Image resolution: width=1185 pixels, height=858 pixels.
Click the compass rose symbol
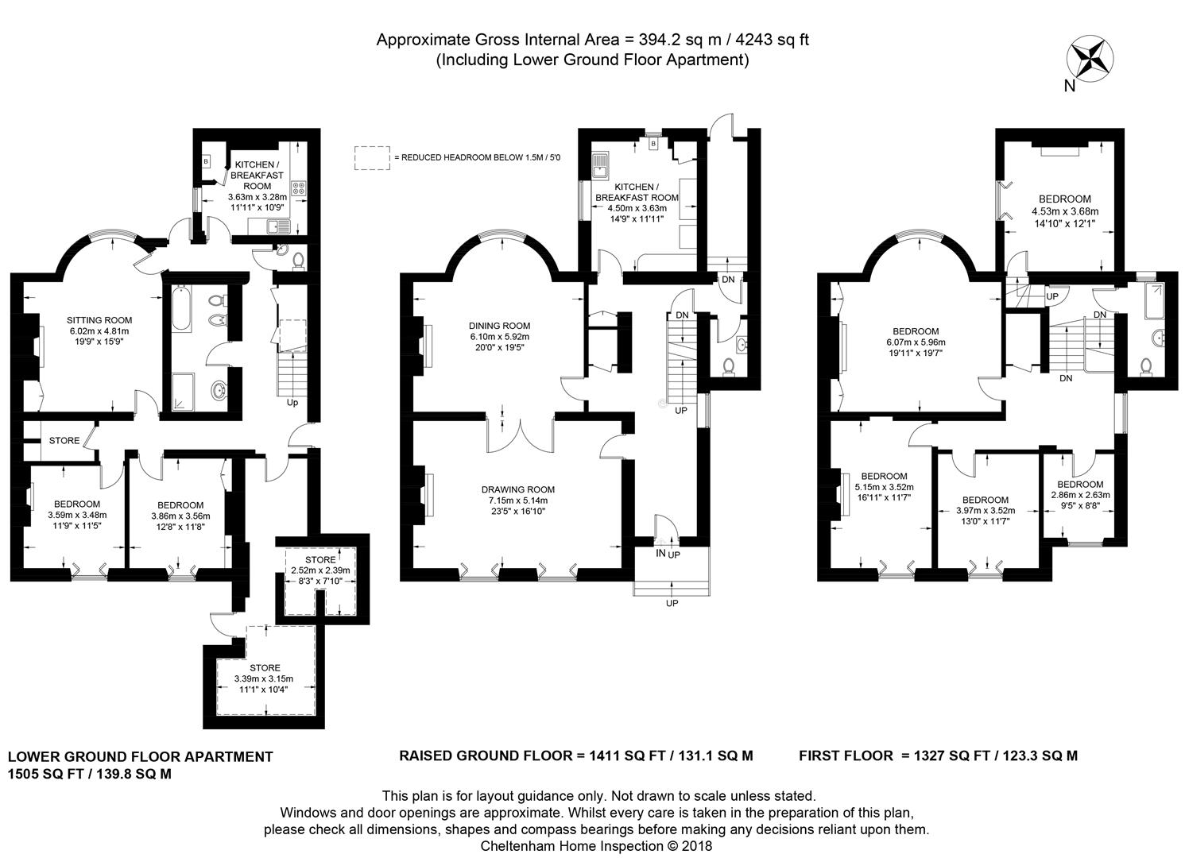tap(1090, 62)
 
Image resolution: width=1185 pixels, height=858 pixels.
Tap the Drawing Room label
tap(518, 490)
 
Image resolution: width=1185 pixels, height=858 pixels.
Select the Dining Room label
tap(499, 327)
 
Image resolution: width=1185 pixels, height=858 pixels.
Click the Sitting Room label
tap(99, 320)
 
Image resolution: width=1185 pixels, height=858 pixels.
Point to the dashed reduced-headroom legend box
tap(372, 158)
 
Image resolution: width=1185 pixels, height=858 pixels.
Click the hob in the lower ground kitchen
tap(298, 188)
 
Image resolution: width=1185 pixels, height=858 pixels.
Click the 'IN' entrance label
tap(660, 553)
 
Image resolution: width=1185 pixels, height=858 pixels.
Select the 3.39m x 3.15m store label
tap(265, 678)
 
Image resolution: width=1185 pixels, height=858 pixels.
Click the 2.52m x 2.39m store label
tap(320, 570)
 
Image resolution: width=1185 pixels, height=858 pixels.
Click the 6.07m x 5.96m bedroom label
tap(916, 342)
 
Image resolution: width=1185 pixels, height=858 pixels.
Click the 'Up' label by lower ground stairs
tap(292, 403)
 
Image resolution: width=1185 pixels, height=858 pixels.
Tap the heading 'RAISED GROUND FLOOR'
tap(486, 756)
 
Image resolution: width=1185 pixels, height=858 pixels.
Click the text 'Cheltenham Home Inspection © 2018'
tap(596, 846)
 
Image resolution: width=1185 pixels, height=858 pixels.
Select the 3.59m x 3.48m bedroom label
tap(77, 515)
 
